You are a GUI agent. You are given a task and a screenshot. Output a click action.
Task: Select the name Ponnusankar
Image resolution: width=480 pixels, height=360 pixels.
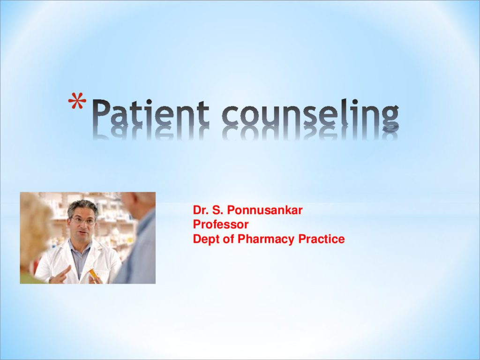point(265,210)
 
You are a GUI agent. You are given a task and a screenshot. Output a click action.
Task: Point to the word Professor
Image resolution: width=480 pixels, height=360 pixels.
point(220,225)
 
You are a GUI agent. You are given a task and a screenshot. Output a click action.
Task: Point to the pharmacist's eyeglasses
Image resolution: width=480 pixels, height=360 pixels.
point(83,221)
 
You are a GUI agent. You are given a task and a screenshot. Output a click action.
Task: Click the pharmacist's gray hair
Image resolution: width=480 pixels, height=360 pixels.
point(82,207)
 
